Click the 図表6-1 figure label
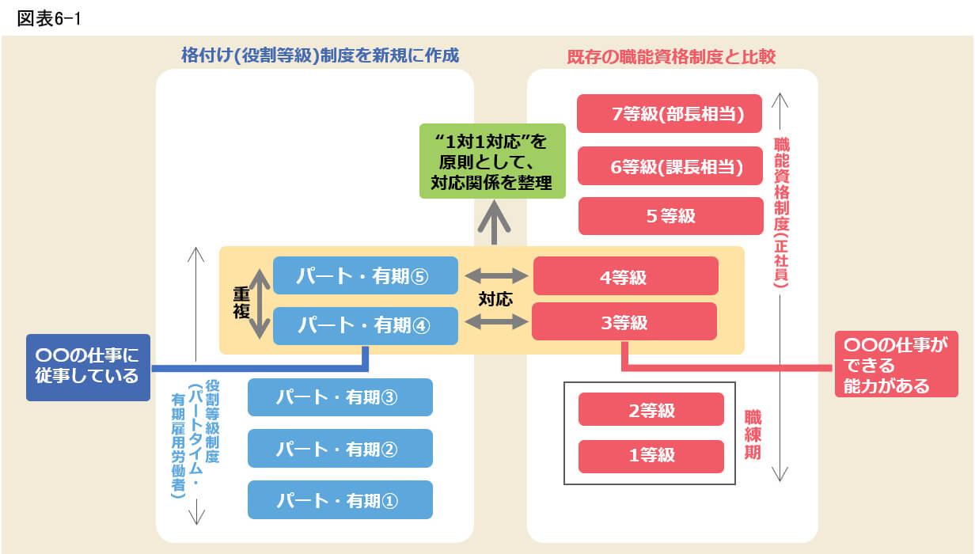point(49,18)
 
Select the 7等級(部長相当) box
point(669,114)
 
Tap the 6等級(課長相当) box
point(669,166)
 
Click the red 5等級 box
point(670,216)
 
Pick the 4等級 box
point(625,277)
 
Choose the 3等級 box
point(624,322)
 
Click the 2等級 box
point(651,410)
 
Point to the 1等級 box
point(651,455)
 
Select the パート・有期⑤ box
point(365,276)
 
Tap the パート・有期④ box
point(365,325)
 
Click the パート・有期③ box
point(340,397)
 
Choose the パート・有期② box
point(340,449)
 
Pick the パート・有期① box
point(340,500)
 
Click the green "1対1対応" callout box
point(492,161)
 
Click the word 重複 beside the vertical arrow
point(241,301)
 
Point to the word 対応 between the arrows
point(495,299)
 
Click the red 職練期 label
point(753,434)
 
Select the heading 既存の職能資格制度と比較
point(671,57)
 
